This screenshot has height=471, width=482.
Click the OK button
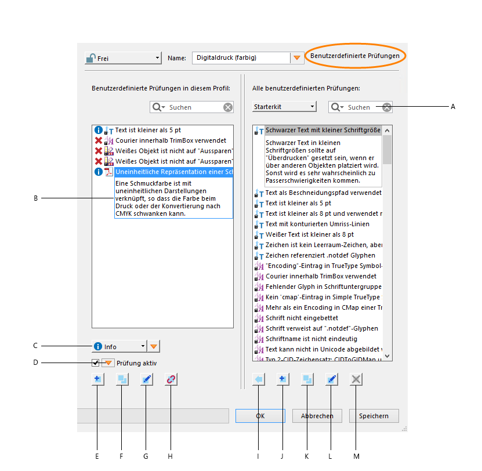click(x=260, y=416)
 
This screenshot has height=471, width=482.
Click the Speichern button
click(x=374, y=416)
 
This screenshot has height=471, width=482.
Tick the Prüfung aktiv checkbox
click(x=96, y=363)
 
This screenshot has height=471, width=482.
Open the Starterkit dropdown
click(x=284, y=107)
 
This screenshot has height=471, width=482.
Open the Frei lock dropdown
click(x=123, y=58)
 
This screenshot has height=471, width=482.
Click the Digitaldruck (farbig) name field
click(x=241, y=58)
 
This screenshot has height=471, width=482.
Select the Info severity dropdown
click(x=119, y=346)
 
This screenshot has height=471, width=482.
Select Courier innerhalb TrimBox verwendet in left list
click(x=171, y=140)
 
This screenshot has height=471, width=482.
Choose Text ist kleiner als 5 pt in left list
click(x=148, y=130)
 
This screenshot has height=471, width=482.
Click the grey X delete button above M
click(x=357, y=379)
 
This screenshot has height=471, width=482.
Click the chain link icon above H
click(x=171, y=379)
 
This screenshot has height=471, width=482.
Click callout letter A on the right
click(x=453, y=107)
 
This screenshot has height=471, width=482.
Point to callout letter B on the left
click(x=35, y=198)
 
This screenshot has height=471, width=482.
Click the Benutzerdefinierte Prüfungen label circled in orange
click(x=355, y=56)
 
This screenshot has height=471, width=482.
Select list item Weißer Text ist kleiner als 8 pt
click(x=309, y=234)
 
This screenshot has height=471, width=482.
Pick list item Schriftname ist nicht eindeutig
click(x=311, y=339)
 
